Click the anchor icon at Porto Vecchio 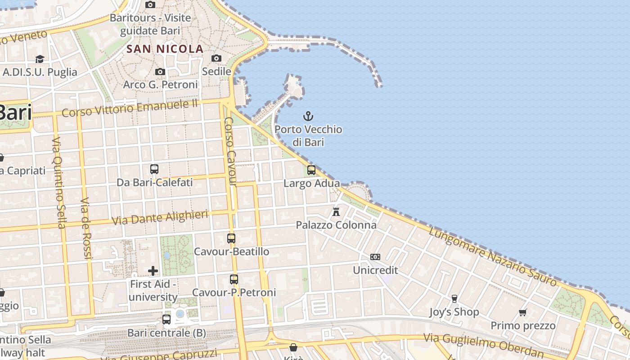308,117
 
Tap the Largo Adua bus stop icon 311,170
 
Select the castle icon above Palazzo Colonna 336,211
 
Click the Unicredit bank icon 375,257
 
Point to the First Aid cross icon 153,270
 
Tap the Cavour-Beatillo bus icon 231,238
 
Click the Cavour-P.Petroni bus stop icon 234,279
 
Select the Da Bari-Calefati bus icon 154,169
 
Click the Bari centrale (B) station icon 166,319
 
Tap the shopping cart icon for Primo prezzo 523,312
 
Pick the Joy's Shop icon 454,299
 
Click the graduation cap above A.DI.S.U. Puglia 40,59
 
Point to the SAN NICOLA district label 165,49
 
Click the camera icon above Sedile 216,58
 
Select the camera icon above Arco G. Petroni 160,72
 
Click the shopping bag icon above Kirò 293,347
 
